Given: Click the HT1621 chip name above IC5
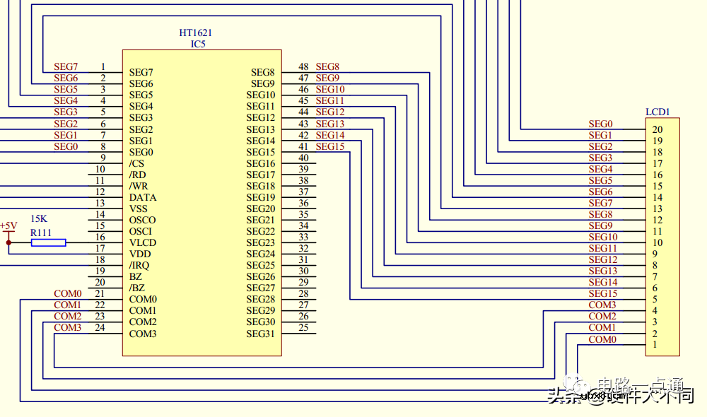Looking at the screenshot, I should coord(196,33).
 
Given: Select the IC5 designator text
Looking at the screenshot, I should coord(198,44).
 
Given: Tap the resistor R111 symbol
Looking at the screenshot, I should coord(48,242).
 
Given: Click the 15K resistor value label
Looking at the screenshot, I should coord(39,219).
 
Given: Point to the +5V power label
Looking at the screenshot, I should coord(8,225).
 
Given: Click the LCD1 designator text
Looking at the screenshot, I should coord(658,112).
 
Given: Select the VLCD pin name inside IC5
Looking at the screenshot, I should coord(143,242).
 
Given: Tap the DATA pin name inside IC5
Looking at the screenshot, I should coord(143,197).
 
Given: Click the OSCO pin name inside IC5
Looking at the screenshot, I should coord(142,220).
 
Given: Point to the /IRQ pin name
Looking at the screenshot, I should coord(139,265).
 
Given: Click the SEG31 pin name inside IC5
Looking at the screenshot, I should coord(260,334).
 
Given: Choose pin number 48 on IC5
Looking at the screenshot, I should coord(303,67).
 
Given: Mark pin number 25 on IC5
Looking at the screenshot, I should coord(303,327).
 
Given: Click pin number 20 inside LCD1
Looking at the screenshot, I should coord(658,129).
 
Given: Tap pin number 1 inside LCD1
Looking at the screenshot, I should coord(655,345).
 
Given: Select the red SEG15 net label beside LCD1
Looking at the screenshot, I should coord(602,293).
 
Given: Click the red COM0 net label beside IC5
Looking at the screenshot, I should coord(67,293).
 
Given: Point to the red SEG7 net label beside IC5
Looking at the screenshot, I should coord(66,66).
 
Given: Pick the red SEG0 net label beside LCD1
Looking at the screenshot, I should coord(600,124).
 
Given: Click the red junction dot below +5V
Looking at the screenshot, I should coord(8,242).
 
